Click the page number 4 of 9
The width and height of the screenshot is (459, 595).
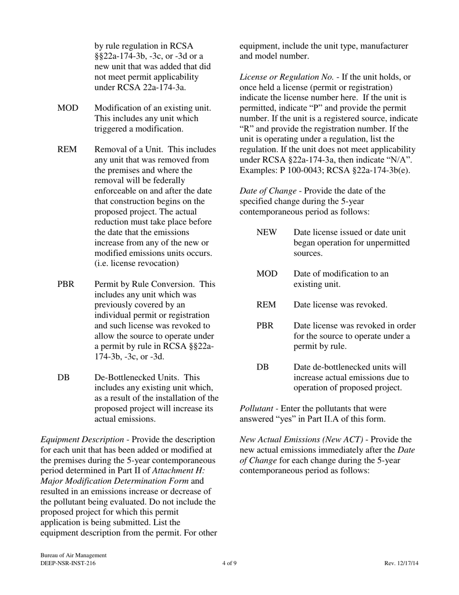coord(229,563)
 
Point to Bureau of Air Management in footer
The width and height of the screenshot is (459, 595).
coord(73,556)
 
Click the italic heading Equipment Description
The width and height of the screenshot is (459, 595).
coord(82,439)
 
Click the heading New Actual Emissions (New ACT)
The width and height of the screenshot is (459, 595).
coord(301,439)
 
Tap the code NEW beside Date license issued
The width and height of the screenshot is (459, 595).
coord(267,232)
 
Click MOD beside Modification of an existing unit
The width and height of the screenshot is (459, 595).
coord(68,108)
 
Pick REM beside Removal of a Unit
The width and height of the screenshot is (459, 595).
coord(67,149)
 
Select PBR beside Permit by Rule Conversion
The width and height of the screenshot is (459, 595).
coord(66,284)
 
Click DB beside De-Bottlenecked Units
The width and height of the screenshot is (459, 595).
coord(63,377)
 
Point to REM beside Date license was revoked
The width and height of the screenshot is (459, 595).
coord(266,305)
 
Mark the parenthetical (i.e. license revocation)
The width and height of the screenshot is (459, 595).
coord(137,263)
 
